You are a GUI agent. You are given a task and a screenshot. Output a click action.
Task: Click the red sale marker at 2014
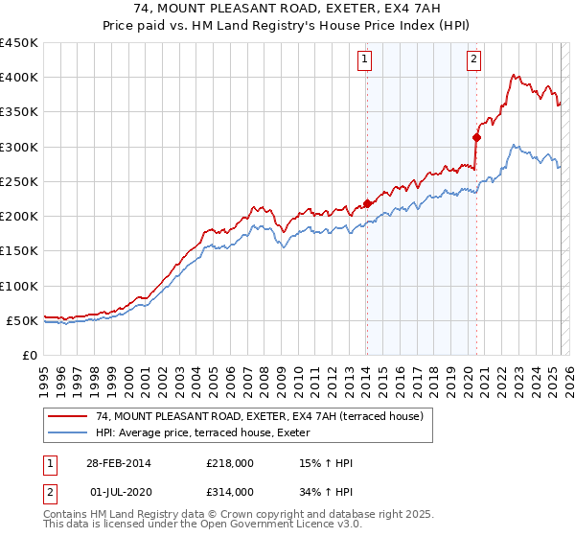click(x=367, y=203)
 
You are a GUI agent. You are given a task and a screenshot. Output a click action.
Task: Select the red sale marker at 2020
click(x=476, y=137)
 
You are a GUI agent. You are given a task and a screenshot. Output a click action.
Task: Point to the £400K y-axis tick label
click(x=19, y=78)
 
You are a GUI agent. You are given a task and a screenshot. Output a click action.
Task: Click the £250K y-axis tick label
click(x=19, y=181)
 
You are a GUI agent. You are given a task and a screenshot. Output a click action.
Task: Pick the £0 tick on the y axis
click(x=31, y=355)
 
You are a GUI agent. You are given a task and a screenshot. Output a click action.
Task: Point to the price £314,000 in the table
click(x=229, y=492)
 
